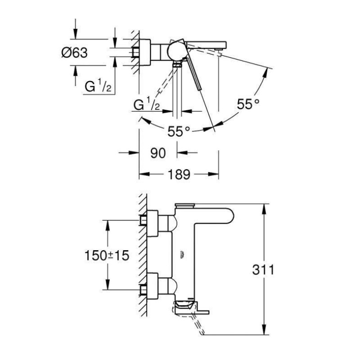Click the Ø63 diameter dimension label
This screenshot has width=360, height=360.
pos(74,53)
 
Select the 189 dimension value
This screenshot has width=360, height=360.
pos(179,174)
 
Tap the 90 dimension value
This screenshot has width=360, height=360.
pos(158,153)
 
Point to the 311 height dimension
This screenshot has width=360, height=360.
pos(263,270)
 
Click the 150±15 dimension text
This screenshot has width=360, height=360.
pos(107,255)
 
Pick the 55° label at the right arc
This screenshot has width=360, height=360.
pos(248,104)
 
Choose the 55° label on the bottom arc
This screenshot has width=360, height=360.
pos(179,131)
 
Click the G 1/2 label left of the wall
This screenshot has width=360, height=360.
pos(98,86)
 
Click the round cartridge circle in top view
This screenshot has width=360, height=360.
pos(176,51)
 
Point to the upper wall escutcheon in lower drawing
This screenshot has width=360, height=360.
pos(153,223)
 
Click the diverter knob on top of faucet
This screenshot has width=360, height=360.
pos(185,205)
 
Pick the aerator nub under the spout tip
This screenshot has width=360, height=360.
pos(218,49)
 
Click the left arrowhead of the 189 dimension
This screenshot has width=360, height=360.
pos(144,174)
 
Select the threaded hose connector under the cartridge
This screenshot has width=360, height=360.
pos(177,64)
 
